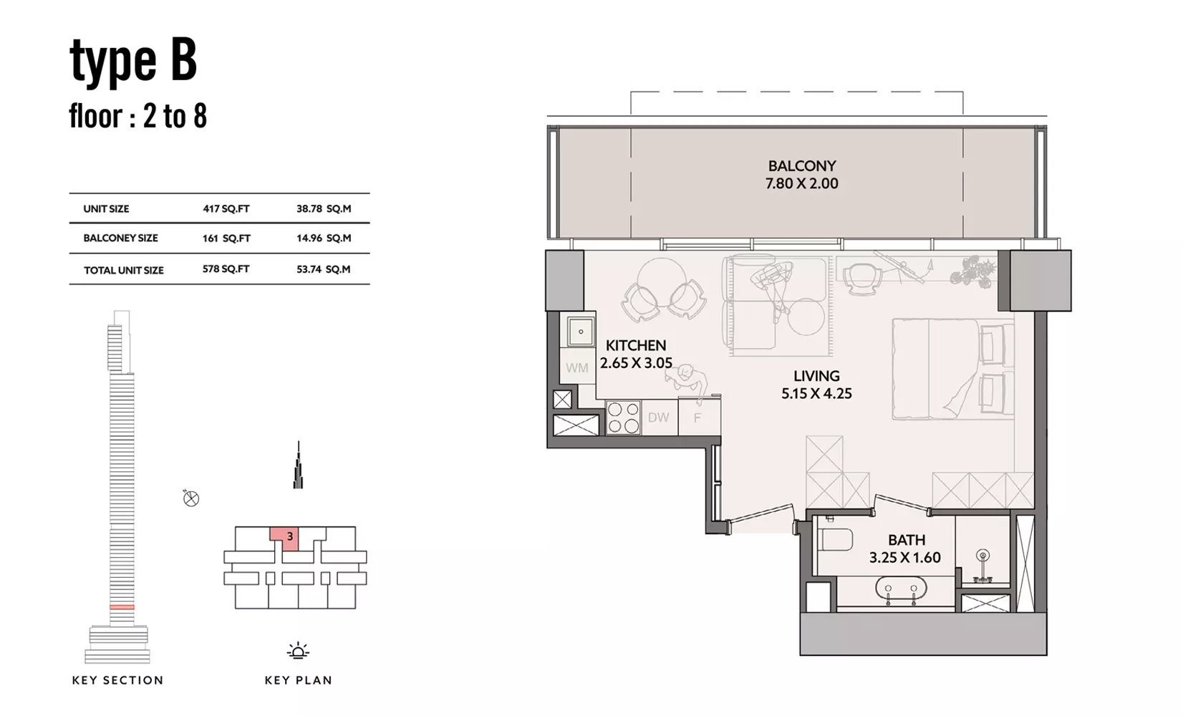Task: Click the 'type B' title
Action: point(133,62)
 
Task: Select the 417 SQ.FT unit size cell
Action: point(226,208)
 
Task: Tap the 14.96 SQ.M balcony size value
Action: point(324,238)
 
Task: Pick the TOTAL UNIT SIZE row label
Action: point(124,271)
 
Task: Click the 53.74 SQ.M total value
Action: point(323,269)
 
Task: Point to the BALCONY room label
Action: point(802,166)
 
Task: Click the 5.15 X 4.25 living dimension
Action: point(816,393)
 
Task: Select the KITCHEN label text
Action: point(636,346)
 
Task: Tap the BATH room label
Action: point(907,540)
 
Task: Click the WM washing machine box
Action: point(576,367)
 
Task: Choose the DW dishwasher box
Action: point(659,417)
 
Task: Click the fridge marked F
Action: point(698,417)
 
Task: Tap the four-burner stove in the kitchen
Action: point(623,417)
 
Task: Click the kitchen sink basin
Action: point(581,331)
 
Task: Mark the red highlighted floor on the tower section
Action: point(122,607)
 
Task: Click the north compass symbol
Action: point(190,498)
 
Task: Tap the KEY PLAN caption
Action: point(299,680)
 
